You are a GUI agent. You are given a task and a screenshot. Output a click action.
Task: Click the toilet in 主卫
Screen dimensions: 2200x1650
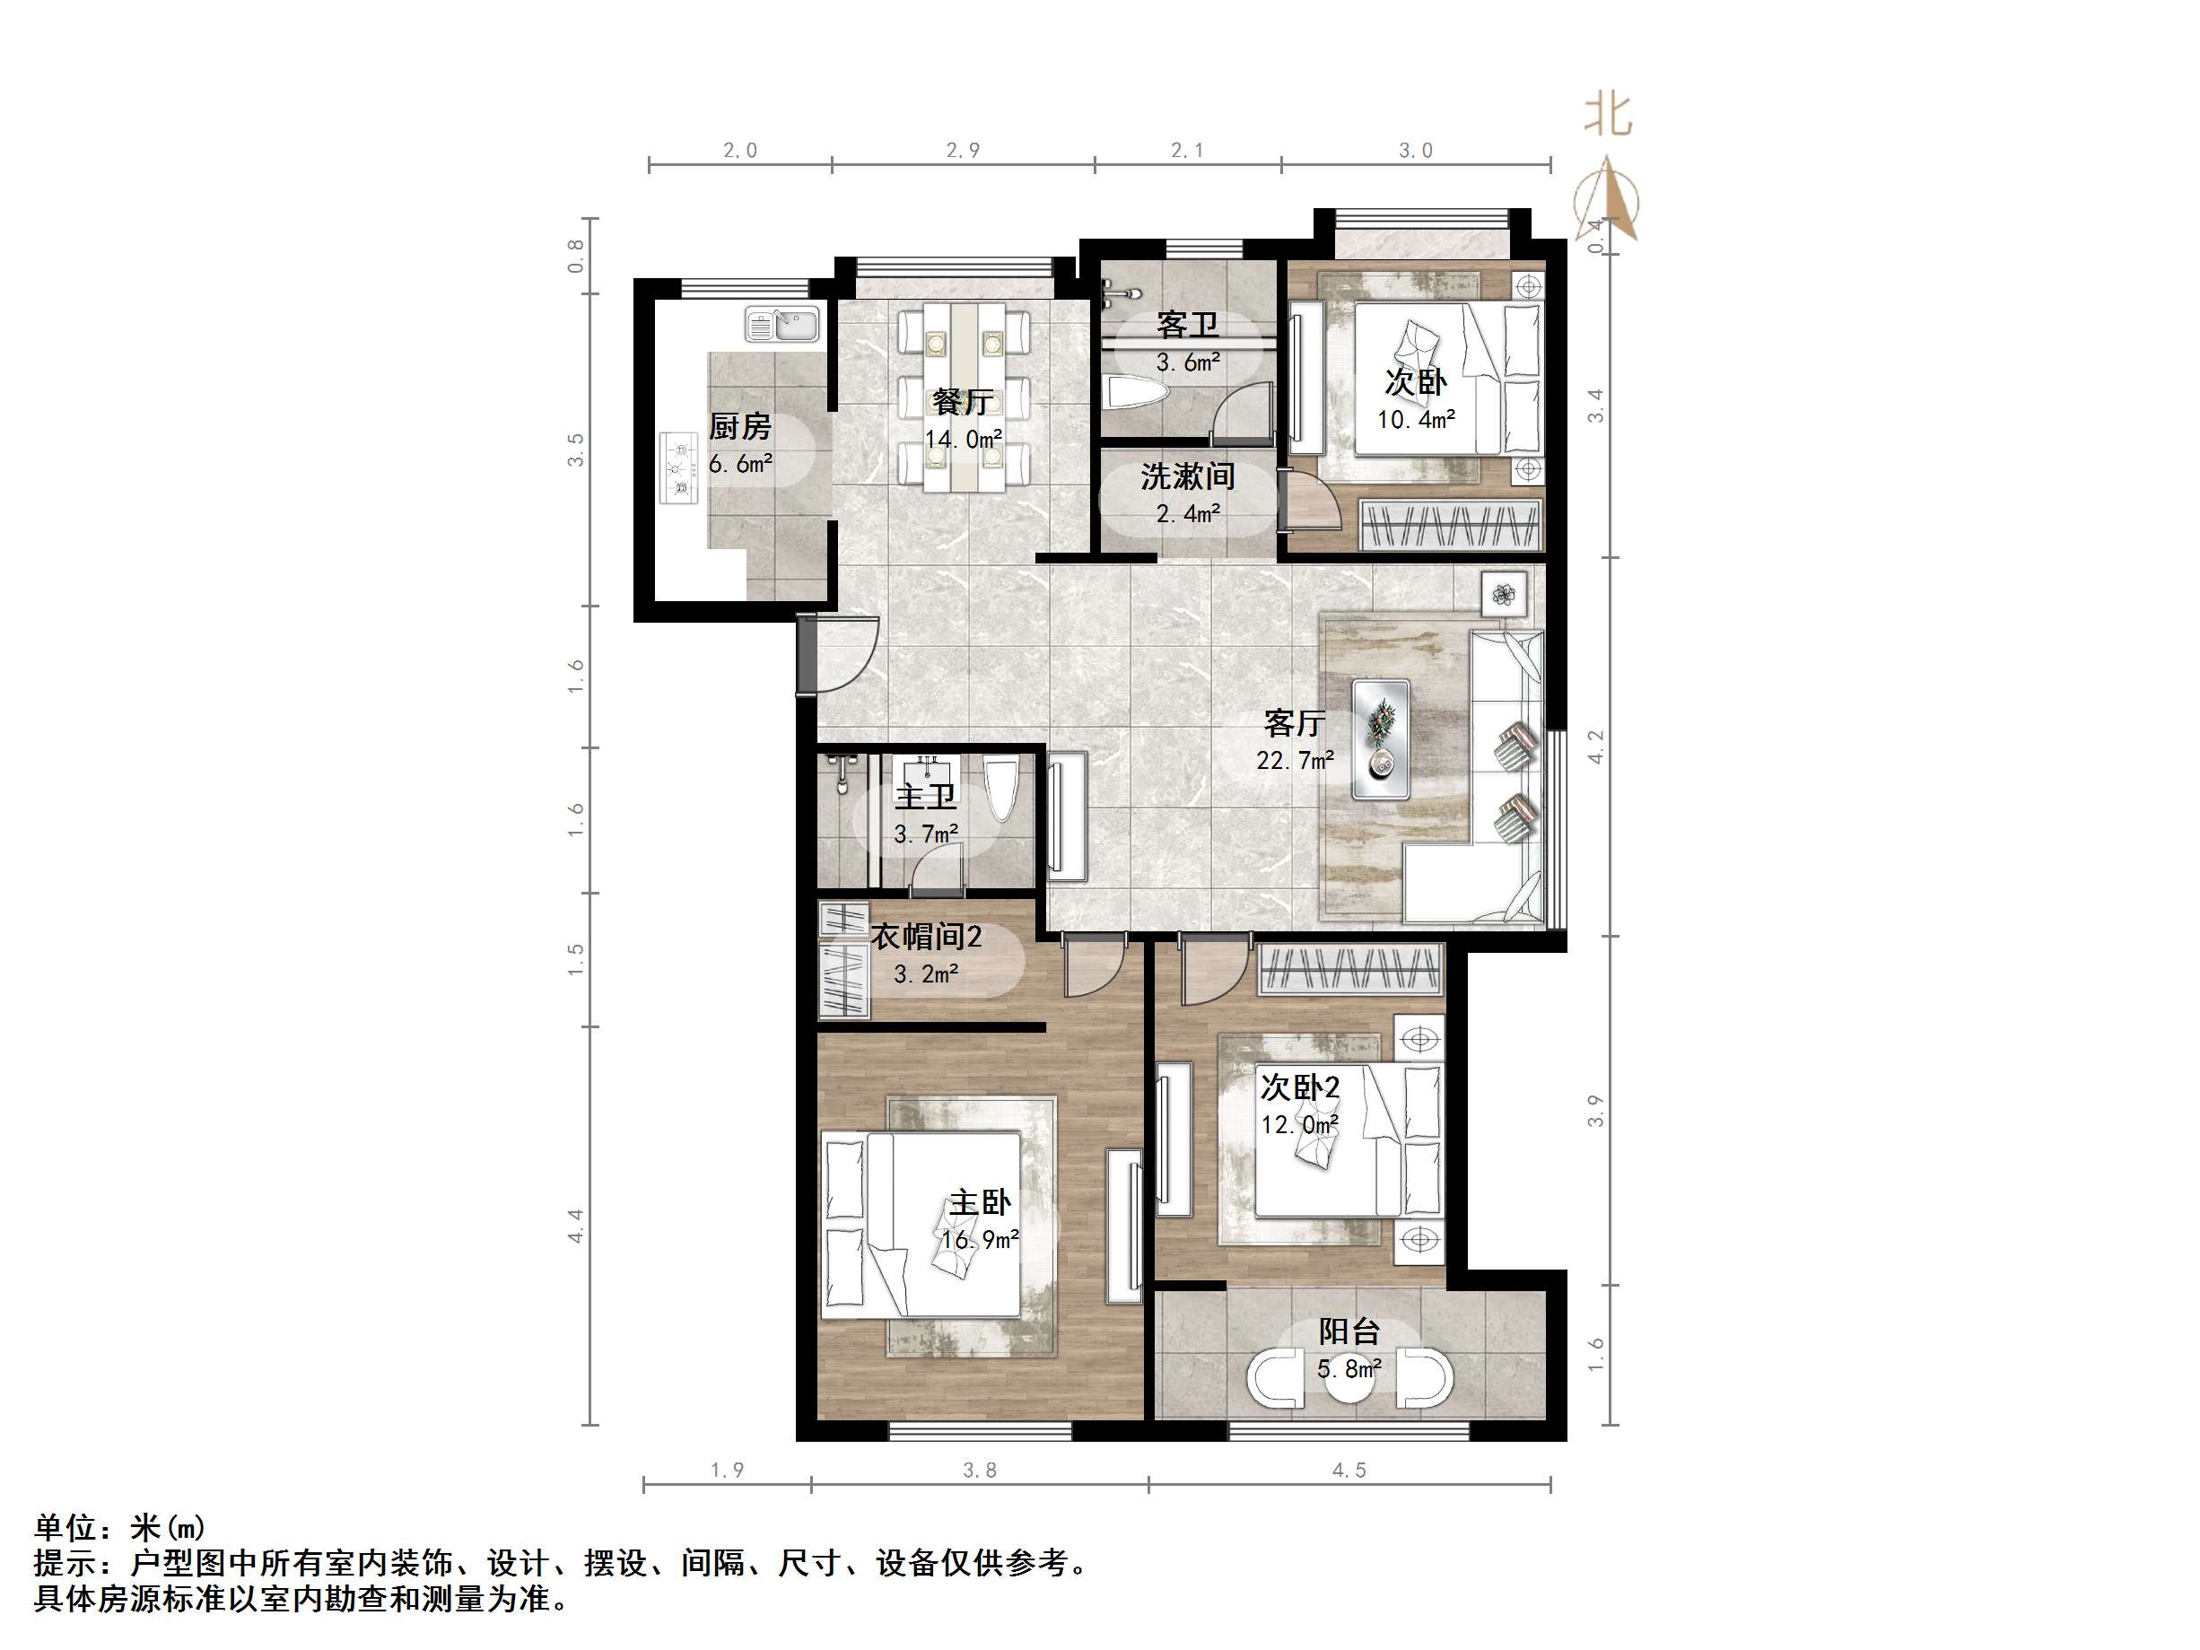[1000, 790]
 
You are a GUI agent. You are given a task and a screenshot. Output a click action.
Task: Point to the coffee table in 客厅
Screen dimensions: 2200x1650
[1381, 739]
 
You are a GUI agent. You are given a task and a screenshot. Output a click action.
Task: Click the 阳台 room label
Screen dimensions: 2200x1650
[1349, 1331]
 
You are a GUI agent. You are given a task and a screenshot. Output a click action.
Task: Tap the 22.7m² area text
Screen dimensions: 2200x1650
[1295, 761]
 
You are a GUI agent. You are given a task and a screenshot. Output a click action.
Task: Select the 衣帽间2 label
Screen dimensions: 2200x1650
[927, 936]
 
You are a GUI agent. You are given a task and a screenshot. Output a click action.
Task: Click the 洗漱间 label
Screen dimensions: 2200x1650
[1188, 476]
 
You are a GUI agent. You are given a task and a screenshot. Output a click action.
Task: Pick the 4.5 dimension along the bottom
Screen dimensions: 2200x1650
[1349, 1470]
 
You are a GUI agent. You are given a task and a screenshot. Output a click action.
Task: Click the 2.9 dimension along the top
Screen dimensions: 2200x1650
[963, 150]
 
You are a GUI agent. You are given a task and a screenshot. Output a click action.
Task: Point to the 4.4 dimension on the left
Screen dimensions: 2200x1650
[576, 1226]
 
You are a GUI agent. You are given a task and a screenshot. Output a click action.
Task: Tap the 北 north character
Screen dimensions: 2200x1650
[1607, 113]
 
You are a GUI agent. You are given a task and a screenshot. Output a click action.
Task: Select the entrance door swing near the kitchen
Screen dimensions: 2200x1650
[837, 652]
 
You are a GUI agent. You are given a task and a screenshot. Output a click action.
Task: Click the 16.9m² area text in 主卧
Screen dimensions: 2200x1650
[981, 1240]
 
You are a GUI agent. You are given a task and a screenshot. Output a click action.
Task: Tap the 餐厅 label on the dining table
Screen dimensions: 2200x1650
[963, 402]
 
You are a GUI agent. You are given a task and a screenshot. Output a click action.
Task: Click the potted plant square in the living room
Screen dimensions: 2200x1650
[1503, 595]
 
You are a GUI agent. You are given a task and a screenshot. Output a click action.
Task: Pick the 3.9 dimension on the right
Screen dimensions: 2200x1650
[1596, 1111]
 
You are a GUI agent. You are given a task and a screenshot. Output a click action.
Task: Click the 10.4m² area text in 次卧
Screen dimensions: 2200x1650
[1417, 420]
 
